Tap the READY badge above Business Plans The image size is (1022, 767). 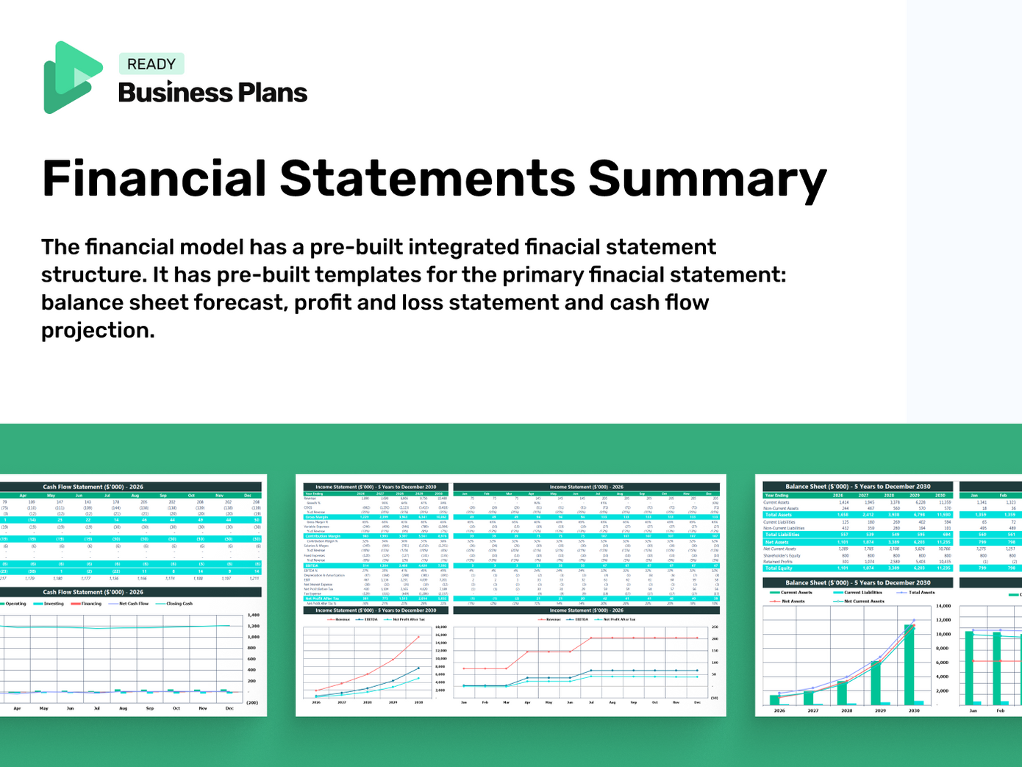(151, 64)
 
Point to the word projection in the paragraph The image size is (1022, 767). (98, 330)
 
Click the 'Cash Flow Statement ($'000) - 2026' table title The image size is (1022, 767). (93, 487)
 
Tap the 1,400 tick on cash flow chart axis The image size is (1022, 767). (252, 615)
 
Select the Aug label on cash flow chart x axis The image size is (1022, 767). (123, 708)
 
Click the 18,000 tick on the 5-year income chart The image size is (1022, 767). (441, 627)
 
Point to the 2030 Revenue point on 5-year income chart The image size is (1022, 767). (418, 637)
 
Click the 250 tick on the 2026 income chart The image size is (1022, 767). (714, 627)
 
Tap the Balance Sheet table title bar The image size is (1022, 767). (857, 487)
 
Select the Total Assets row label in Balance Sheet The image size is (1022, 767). (779, 515)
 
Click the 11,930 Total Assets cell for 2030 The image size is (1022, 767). (943, 515)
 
